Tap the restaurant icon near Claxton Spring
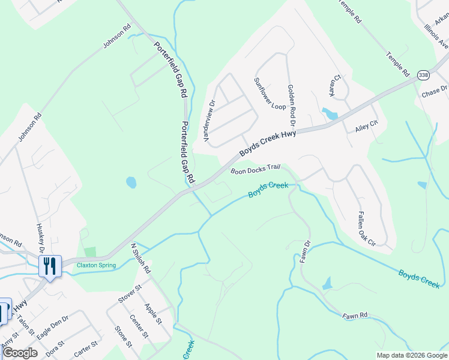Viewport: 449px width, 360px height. pos(50,265)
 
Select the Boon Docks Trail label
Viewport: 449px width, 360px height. pos(256,170)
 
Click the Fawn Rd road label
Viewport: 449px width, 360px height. pos(355,315)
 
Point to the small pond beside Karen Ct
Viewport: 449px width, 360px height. pos(330,113)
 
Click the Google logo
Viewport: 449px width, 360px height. pos(20,353)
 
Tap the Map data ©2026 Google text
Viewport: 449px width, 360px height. pos(411,355)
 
